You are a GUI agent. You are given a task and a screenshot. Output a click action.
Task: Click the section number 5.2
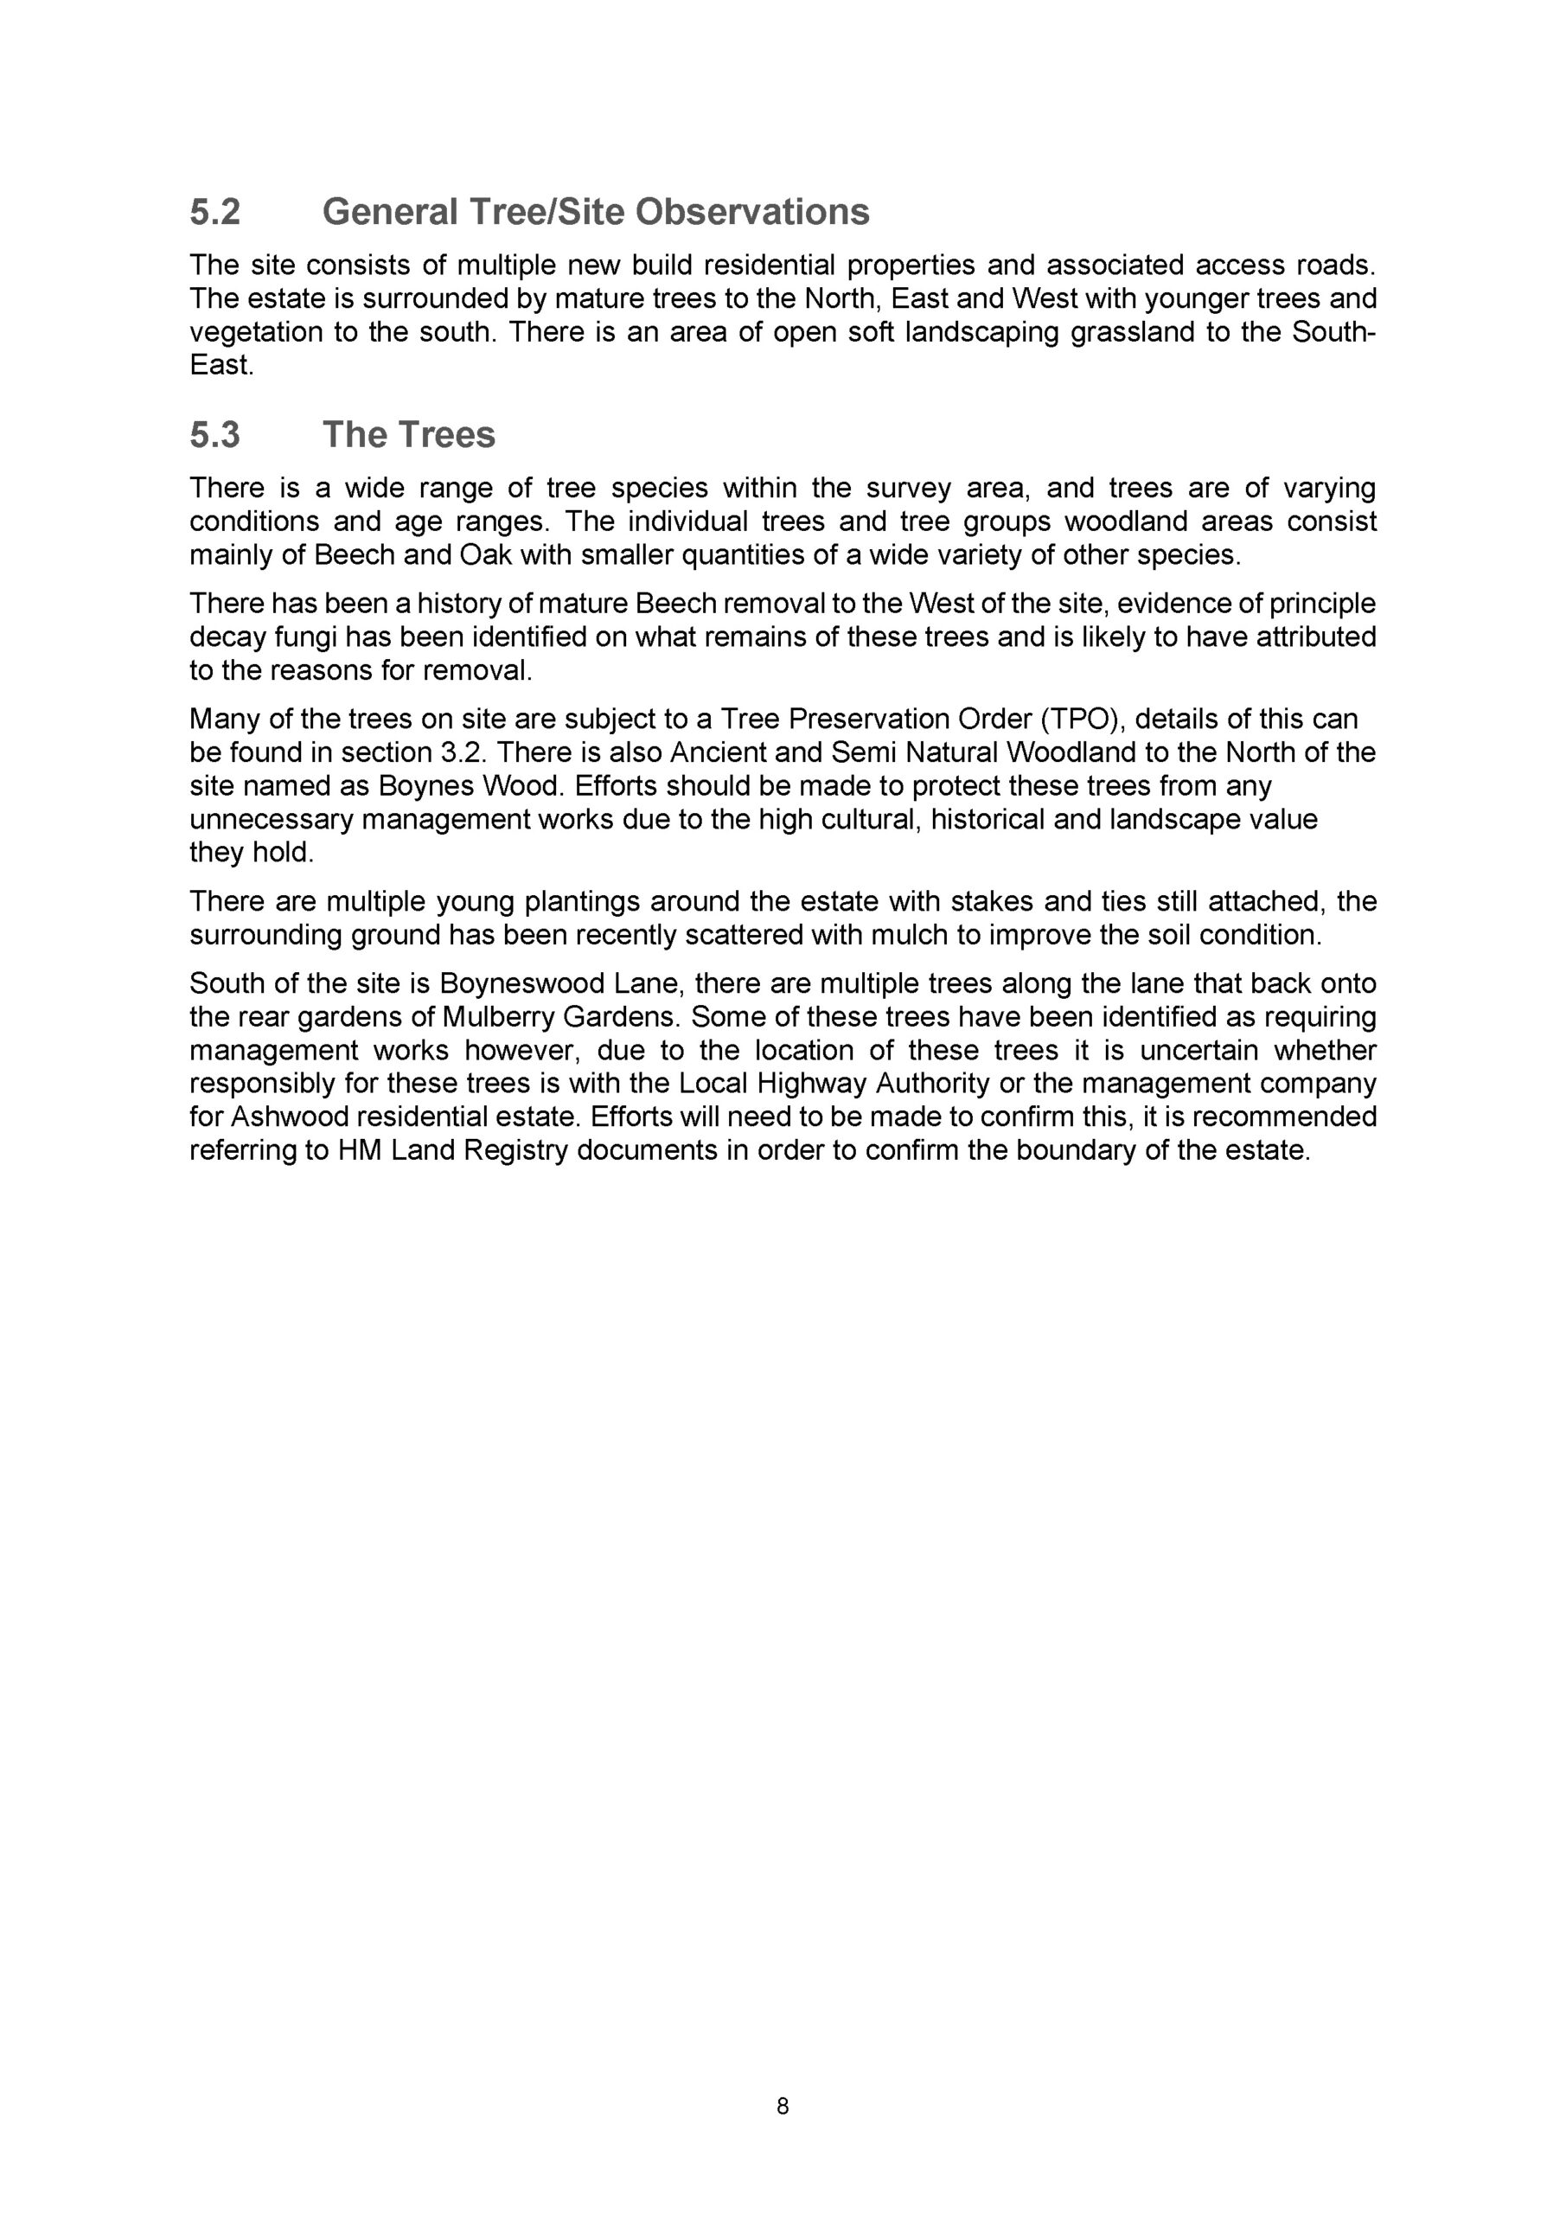pos(214,212)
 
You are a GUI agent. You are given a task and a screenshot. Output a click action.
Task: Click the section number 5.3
pos(214,435)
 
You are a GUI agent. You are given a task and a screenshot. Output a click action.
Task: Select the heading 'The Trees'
pos(408,435)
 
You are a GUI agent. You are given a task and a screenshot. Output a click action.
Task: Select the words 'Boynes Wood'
pos(470,786)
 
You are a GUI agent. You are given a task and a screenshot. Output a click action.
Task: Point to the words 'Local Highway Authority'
pos(834,1084)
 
